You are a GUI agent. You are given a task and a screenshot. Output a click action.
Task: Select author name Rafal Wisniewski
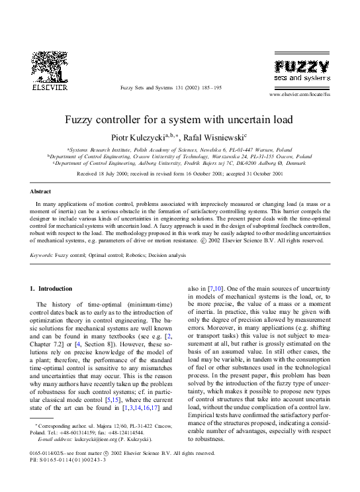[214, 137]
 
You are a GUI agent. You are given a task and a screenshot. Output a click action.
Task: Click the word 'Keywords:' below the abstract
[42, 255]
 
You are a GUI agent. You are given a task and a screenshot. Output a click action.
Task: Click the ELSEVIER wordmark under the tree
[50, 87]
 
